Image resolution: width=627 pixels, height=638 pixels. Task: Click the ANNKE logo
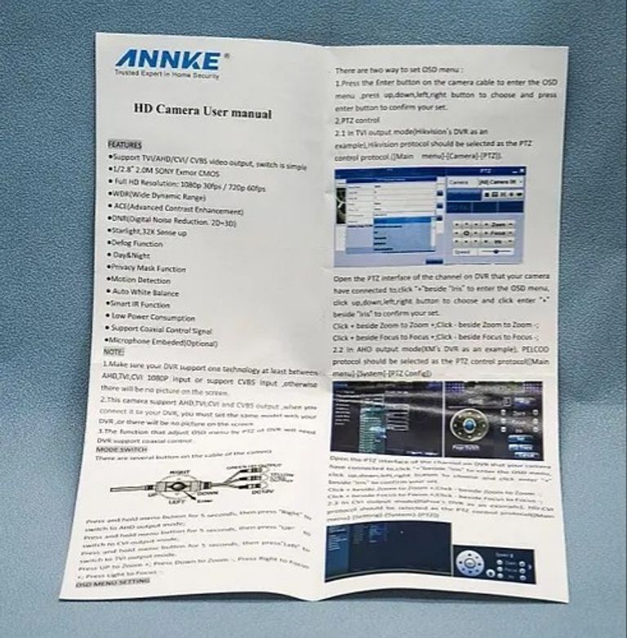pyautogui.click(x=167, y=60)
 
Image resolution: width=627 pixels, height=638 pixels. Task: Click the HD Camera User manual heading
pyautogui.click(x=202, y=113)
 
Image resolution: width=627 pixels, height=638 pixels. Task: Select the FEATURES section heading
pyautogui.click(x=125, y=144)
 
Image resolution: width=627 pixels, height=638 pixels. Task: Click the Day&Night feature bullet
pyautogui.click(x=134, y=255)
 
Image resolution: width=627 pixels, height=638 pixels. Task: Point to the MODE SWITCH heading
pyautogui.click(x=122, y=450)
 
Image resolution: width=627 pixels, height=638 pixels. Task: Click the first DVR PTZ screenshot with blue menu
pyautogui.click(x=429, y=215)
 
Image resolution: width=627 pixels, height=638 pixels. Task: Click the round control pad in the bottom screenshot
pyautogui.click(x=471, y=562)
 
